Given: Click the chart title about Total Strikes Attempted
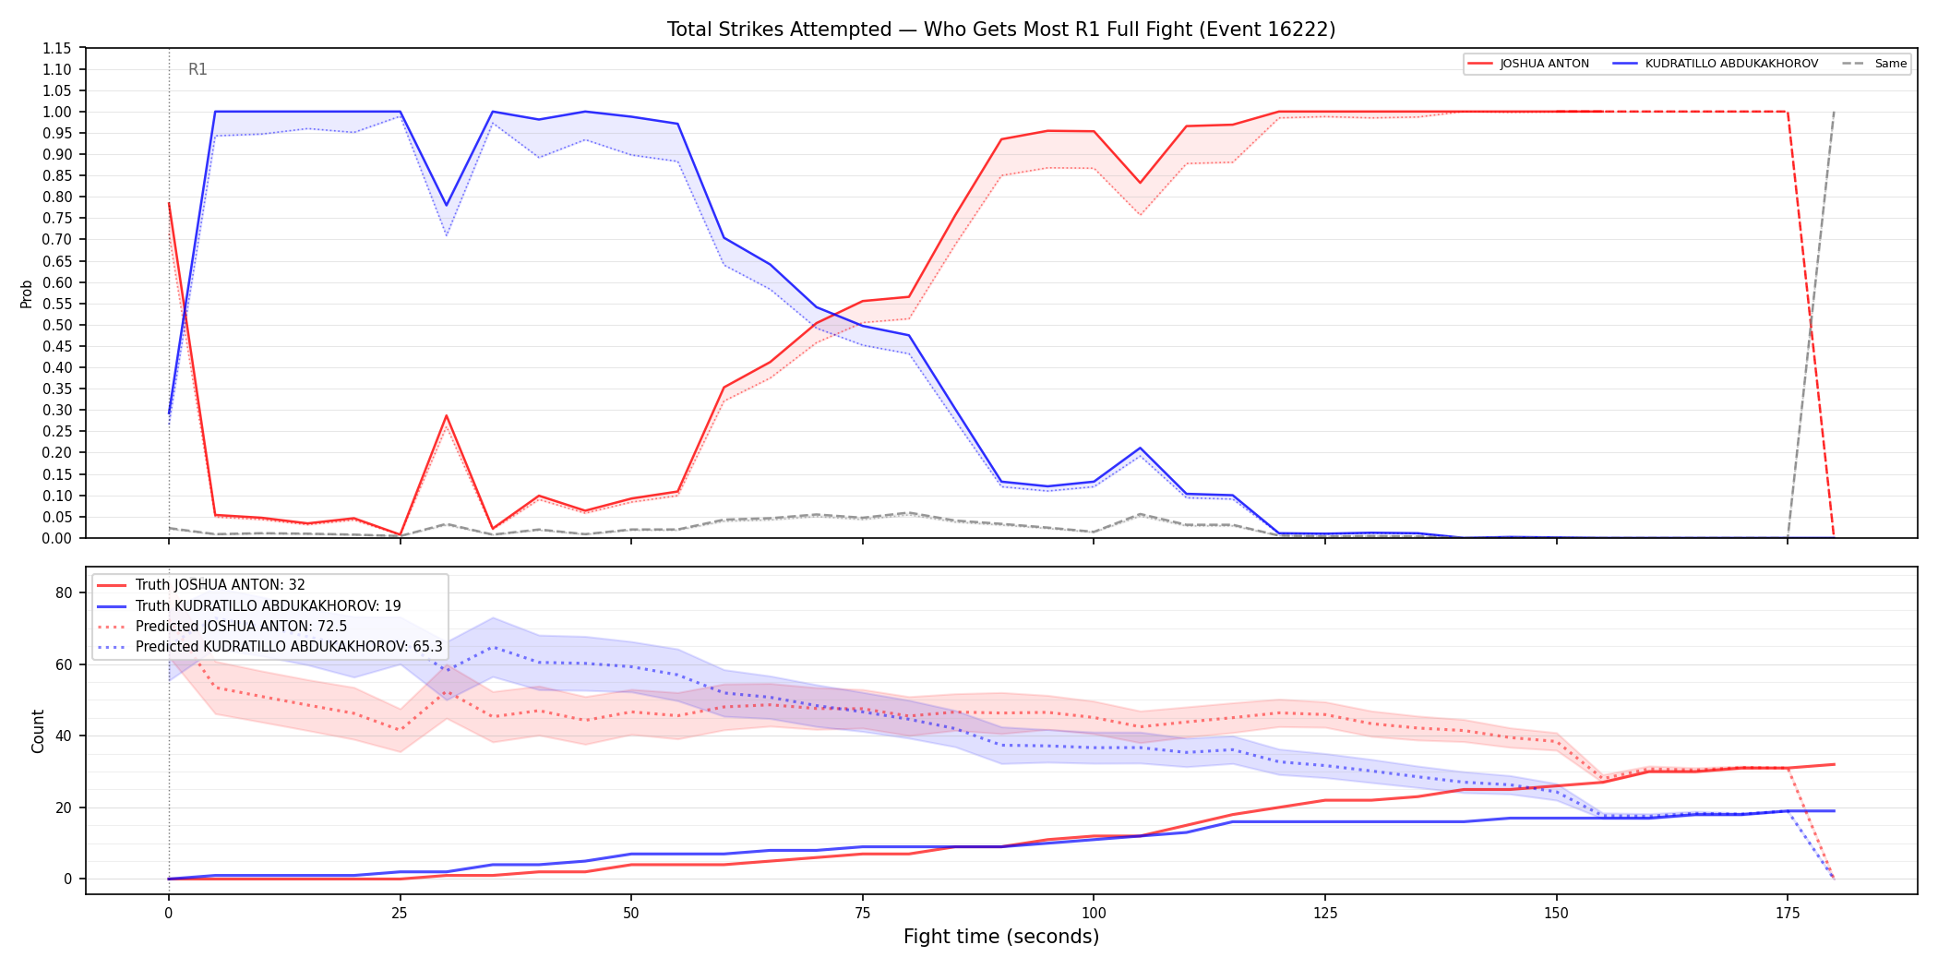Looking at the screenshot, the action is pos(1001,30).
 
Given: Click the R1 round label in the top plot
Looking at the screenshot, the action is pos(197,69).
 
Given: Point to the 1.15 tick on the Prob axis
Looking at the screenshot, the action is pos(57,48).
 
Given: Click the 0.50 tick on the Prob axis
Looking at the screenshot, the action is pos(57,325).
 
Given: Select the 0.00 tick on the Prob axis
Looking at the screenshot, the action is pos(57,538).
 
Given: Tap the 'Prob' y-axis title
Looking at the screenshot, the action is pos(27,293).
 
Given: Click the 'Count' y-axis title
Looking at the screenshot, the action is pos(38,731).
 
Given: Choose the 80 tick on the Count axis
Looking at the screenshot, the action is pos(64,593).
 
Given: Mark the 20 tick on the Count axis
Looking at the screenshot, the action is pos(64,807).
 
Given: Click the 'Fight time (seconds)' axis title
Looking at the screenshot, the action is pos(1001,937).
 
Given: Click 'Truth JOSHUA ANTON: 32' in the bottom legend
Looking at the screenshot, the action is pos(221,585).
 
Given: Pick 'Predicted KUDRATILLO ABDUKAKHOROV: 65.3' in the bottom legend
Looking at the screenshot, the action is pos(289,647).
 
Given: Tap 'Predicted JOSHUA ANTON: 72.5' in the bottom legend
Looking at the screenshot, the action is pos(242,627).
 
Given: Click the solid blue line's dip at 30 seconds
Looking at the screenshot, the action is pos(447,205).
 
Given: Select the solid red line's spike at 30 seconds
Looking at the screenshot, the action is pos(447,415).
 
